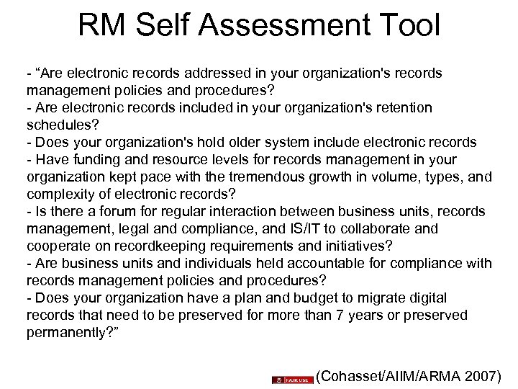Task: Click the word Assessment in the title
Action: point(281,28)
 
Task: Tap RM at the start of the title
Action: point(101,28)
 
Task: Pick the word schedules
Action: point(58,125)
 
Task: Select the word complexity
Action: point(60,194)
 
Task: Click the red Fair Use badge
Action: point(292,378)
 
